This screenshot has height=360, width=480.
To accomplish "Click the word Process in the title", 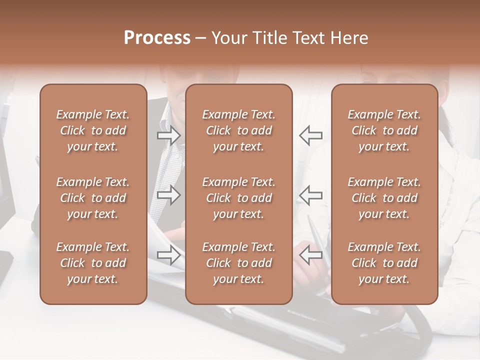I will click(x=157, y=38).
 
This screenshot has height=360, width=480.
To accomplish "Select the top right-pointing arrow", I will click(x=169, y=135).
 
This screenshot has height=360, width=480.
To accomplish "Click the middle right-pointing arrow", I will click(x=169, y=195).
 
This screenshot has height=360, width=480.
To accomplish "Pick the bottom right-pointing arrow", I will click(x=169, y=255).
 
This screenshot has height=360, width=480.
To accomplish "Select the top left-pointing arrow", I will click(x=310, y=135).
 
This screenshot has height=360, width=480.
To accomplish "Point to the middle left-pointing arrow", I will click(x=310, y=195).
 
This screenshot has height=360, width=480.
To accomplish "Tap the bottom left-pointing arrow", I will click(x=310, y=255).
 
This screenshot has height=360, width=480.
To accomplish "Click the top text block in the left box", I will click(x=93, y=130).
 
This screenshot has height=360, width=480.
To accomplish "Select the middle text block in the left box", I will click(x=93, y=198).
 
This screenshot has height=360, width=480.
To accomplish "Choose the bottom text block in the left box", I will click(x=93, y=263).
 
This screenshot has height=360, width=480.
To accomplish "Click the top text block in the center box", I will click(x=238, y=130).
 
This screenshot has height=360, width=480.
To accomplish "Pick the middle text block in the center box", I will click(x=238, y=198).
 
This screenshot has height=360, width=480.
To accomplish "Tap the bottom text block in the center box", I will click(x=238, y=263).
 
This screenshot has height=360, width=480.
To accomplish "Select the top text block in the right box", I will click(x=384, y=130).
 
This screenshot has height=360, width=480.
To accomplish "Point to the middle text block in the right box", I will click(x=384, y=198).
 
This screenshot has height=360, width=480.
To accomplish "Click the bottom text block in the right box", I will click(x=384, y=263).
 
